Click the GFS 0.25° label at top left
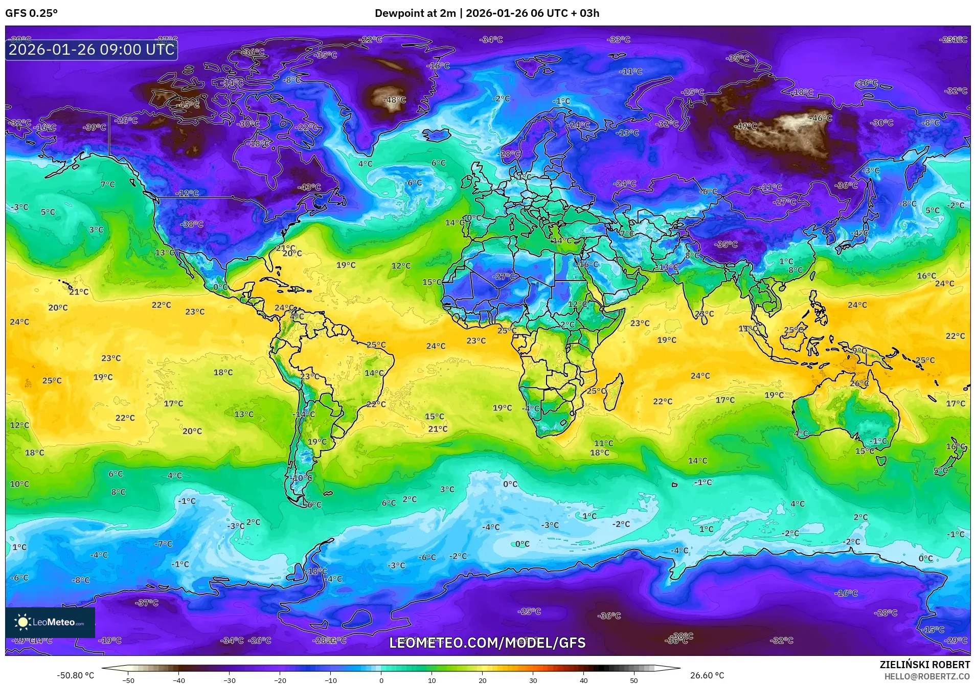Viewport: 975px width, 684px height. [x=31, y=13]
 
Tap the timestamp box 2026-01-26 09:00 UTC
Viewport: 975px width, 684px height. [x=92, y=50]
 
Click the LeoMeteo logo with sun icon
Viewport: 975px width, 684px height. [x=50, y=622]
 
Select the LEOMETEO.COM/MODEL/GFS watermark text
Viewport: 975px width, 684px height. [x=487, y=643]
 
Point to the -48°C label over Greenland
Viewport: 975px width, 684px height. [x=395, y=100]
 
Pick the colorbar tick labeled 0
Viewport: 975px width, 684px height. [x=381, y=680]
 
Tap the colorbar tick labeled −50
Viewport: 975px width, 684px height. [x=128, y=680]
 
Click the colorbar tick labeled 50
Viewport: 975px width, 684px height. [x=633, y=680]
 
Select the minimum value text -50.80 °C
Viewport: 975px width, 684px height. [x=75, y=675]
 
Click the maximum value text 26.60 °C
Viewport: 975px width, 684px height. [x=707, y=675]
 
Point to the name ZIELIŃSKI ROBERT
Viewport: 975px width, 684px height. [x=924, y=665]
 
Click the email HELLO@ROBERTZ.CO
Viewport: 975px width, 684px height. [x=927, y=676]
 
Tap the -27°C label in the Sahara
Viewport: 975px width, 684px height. [x=505, y=277]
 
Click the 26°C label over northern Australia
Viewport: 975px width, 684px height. [x=859, y=383]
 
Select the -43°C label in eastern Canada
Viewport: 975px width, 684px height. [x=309, y=187]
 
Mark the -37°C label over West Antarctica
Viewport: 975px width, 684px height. [x=147, y=603]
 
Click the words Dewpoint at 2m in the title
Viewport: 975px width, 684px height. [x=415, y=13]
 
